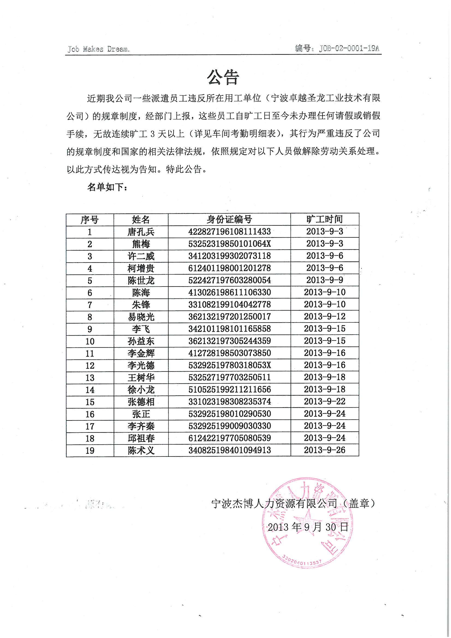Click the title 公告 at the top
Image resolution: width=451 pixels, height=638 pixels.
[x=223, y=77]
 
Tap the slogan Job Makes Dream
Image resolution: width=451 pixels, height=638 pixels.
[x=98, y=49]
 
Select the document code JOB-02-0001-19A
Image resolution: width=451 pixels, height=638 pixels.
[x=349, y=49]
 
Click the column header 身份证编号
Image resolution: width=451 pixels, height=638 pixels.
[x=229, y=219]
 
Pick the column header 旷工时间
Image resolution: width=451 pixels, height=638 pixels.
[x=325, y=219]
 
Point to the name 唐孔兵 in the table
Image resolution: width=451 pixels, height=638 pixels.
[x=141, y=232]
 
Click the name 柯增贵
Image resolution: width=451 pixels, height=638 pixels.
[x=141, y=269]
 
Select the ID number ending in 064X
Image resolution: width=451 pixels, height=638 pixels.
[x=229, y=244]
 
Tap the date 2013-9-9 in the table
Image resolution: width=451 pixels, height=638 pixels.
[x=325, y=280]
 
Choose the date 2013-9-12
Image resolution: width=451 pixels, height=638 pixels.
[x=325, y=317]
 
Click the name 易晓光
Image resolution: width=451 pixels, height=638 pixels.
[x=141, y=317]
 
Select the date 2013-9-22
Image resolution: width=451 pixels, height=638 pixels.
[x=325, y=401]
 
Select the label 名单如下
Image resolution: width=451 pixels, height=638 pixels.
[x=107, y=187]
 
